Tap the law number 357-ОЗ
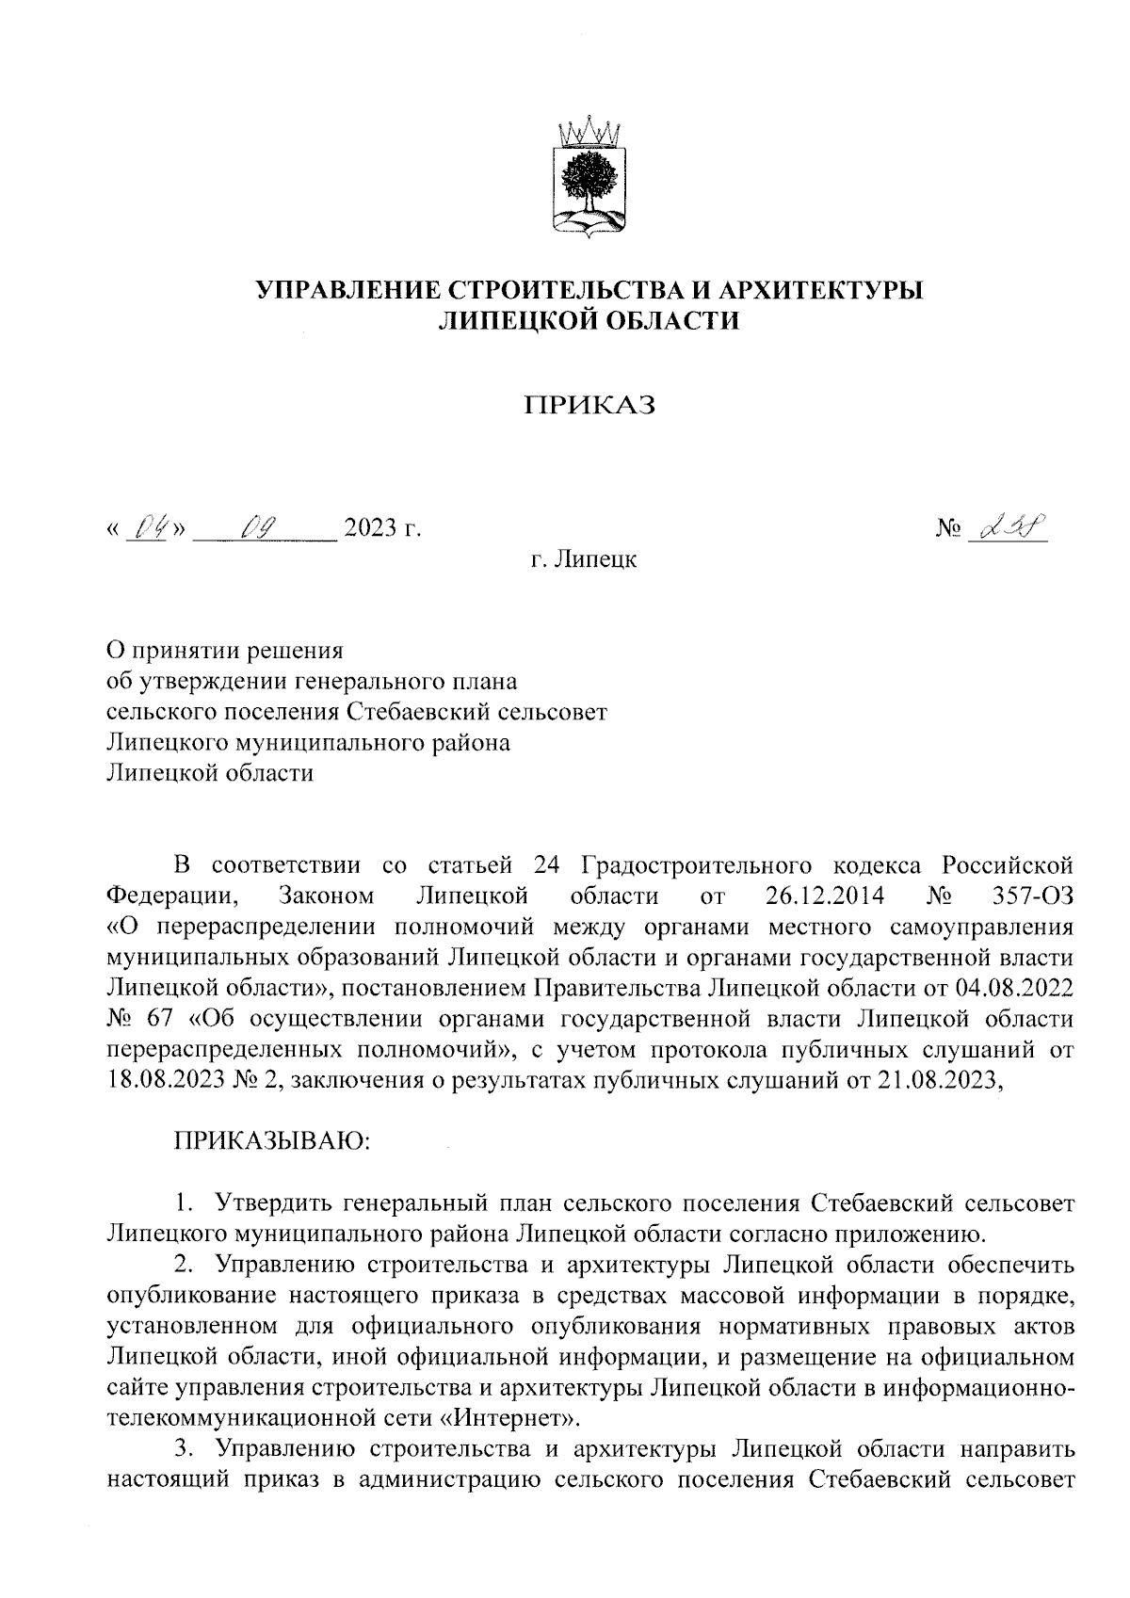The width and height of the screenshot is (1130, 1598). (x=1033, y=894)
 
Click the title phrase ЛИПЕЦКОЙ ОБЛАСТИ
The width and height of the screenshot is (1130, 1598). (x=590, y=322)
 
